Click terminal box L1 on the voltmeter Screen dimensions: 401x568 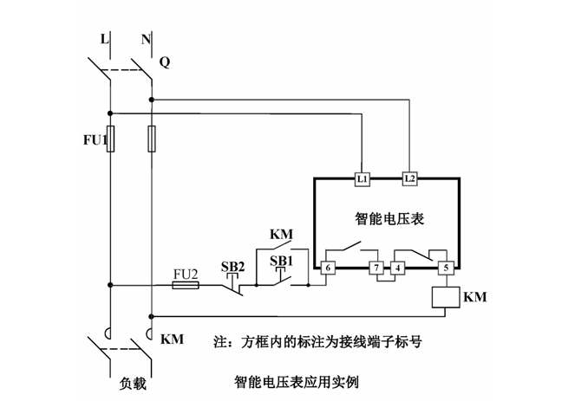point(363,178)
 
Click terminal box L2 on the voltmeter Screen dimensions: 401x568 point(410,178)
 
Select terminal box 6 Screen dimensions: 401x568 point(329,268)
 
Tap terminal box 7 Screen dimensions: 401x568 point(376,268)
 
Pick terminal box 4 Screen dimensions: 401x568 point(398,268)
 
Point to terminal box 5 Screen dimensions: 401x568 point(446,268)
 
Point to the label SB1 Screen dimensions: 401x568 point(281,261)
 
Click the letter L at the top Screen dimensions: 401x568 point(105,39)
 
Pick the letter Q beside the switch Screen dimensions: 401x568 point(165,62)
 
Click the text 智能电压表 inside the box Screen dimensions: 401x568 point(389,219)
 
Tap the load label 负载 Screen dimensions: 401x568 point(130,380)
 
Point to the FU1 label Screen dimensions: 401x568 point(92,139)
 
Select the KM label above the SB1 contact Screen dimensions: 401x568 point(281,235)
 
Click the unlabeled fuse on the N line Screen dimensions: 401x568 point(152,139)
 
